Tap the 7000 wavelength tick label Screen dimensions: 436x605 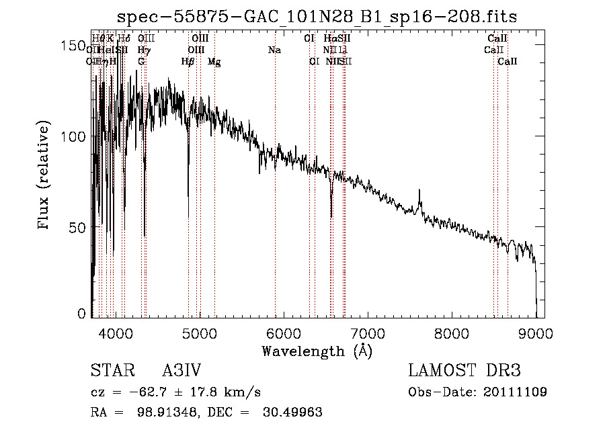point(367,333)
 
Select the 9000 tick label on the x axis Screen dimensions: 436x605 point(535,333)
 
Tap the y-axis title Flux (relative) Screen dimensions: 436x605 point(45,176)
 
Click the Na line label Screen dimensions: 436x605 point(274,50)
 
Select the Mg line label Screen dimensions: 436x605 point(214,62)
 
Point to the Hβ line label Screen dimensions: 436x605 point(188,62)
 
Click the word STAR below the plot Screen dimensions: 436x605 point(107,371)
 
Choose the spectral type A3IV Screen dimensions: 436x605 point(182,371)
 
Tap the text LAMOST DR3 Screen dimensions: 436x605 point(465,371)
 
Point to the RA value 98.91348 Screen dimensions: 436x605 point(158,412)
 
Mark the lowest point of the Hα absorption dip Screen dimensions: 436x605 point(331,209)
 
